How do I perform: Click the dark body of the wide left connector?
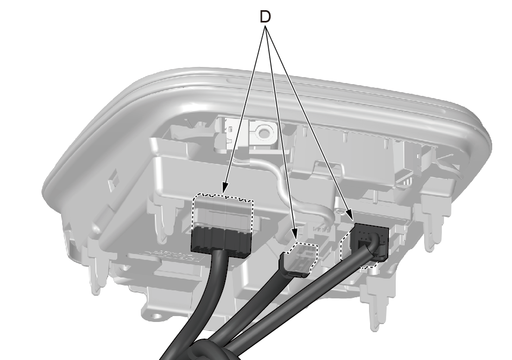[x=221, y=239]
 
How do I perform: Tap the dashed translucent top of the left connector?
[x=223, y=212]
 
